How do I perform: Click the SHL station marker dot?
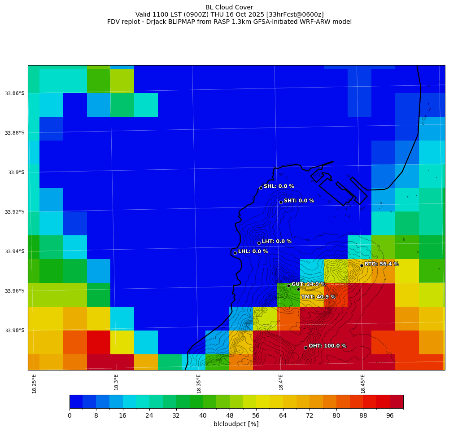point(261,188)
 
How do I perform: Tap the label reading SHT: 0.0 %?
point(299,201)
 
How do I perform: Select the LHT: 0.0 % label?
point(276,242)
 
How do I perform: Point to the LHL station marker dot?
point(235,253)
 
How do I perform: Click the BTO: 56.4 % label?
point(381,264)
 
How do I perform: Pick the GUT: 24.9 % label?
point(309,284)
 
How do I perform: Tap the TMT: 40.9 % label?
point(318,297)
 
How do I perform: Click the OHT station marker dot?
point(305,348)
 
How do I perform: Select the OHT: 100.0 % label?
point(327,346)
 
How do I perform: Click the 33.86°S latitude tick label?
point(15,93)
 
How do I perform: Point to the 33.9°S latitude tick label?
point(16,172)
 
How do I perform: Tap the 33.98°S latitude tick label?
point(15,331)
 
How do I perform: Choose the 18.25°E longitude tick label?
point(34,384)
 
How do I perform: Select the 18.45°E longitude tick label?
point(363,384)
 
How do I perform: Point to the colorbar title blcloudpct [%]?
point(236,424)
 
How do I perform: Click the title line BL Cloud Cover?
point(229,7)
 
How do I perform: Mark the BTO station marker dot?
point(362,265)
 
